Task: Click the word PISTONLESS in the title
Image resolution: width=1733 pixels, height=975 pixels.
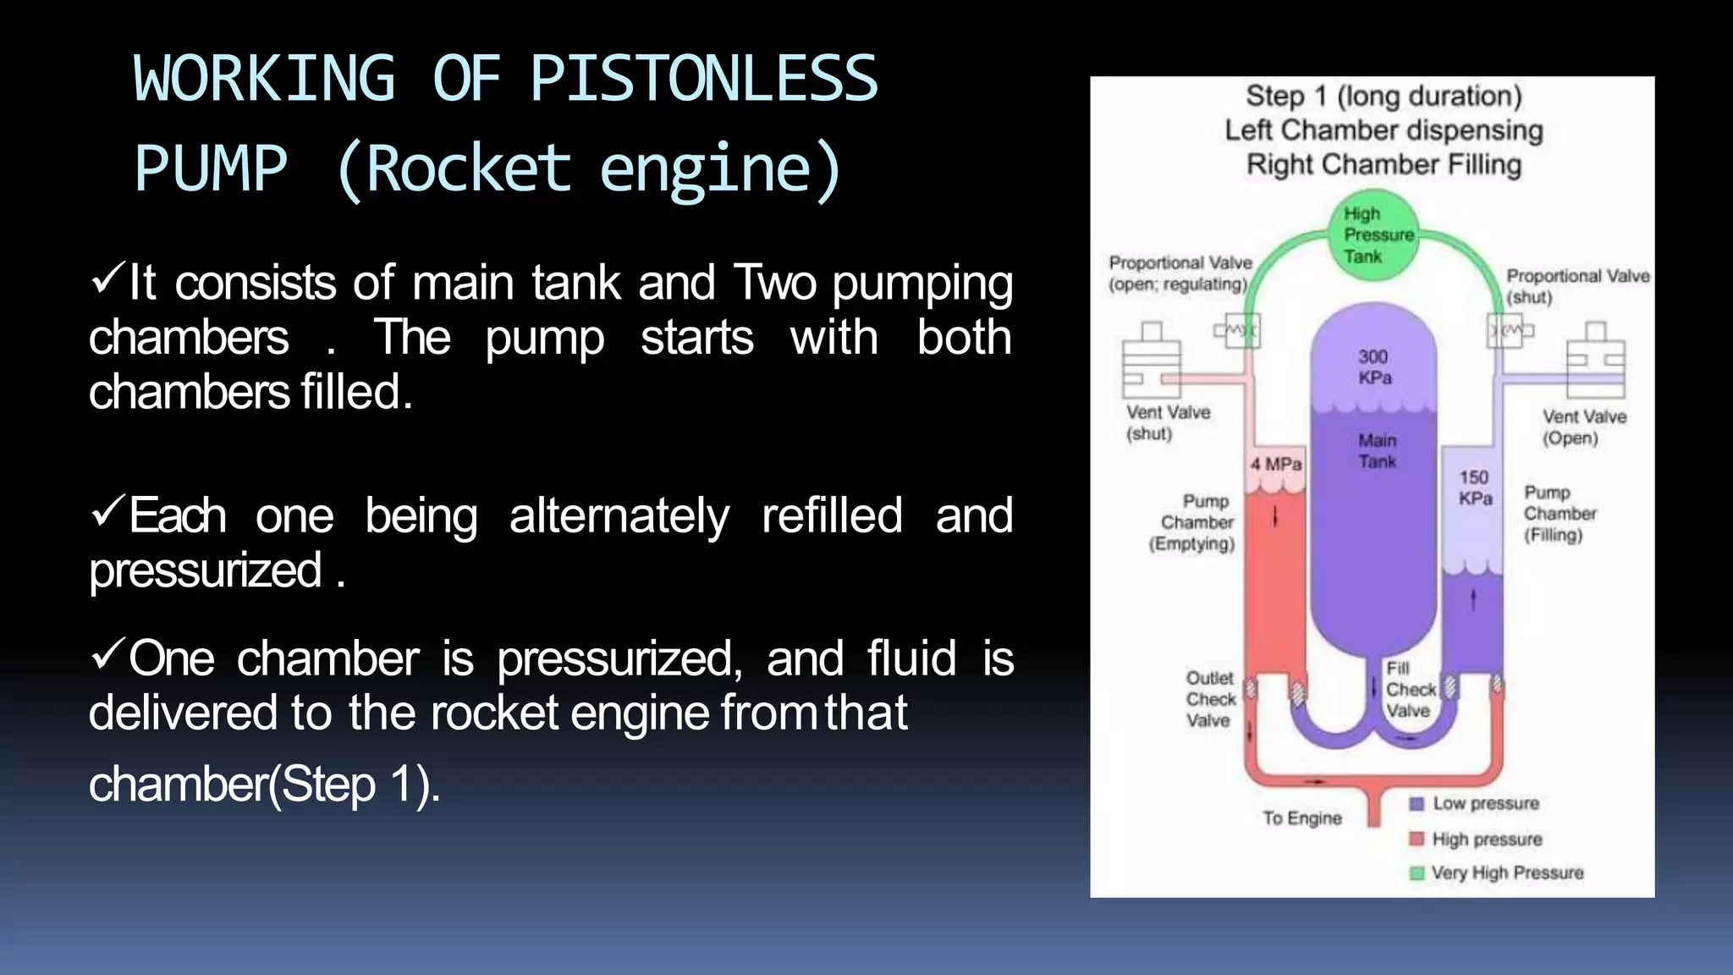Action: click(703, 78)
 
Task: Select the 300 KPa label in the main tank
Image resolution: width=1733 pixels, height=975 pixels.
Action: click(1374, 366)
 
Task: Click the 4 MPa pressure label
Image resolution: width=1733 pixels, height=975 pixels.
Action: click(1276, 464)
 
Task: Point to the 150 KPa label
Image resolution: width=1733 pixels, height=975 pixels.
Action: click(1475, 487)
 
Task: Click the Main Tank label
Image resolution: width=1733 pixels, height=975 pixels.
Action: click(1377, 450)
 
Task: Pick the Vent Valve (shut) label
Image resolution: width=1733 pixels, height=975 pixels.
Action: click(1168, 422)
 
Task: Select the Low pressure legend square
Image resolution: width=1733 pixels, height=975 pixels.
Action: click(1417, 803)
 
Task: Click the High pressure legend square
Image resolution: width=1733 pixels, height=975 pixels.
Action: click(1417, 839)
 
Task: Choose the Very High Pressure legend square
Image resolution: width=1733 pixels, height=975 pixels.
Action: click(1417, 873)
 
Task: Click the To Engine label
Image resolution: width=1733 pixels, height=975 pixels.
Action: click(1301, 818)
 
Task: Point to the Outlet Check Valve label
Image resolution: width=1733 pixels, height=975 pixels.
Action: click(1210, 699)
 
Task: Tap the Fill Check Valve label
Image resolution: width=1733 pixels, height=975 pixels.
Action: click(1410, 690)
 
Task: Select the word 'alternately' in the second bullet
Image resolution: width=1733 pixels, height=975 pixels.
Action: click(619, 516)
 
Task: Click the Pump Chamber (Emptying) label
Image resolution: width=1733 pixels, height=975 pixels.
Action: click(1193, 522)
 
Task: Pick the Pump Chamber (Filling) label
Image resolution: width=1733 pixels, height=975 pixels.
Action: click(1559, 514)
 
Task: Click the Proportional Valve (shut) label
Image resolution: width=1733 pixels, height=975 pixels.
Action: click(1577, 286)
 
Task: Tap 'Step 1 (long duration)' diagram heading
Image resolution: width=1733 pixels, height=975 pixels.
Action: click(1384, 96)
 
